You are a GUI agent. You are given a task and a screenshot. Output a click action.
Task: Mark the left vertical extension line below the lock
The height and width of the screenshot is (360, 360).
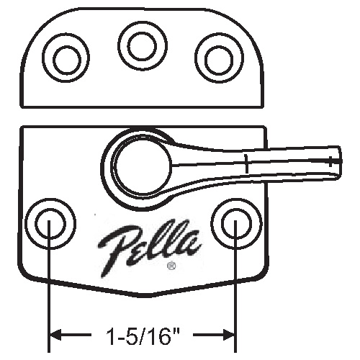[48, 302]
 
